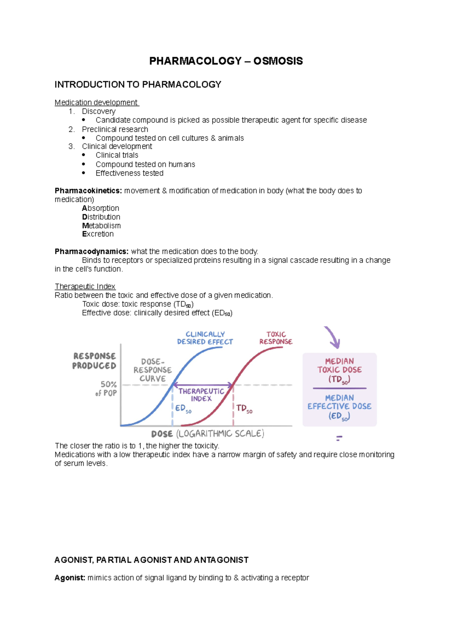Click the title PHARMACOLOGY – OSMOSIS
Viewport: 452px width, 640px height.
click(226, 61)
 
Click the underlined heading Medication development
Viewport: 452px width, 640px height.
click(96, 103)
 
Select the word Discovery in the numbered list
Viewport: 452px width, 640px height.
click(99, 111)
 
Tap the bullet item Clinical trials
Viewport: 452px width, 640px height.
click(117, 155)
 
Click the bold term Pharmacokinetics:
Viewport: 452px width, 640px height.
click(88, 191)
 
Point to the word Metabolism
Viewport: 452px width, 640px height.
click(101, 225)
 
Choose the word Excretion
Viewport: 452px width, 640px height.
click(98, 234)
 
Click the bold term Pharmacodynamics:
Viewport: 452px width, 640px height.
click(92, 251)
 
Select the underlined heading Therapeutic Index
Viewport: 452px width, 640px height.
click(85, 286)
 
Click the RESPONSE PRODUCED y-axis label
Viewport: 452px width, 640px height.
click(94, 361)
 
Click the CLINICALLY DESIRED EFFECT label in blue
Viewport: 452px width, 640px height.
click(205, 338)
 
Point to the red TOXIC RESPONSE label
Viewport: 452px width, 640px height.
click(276, 338)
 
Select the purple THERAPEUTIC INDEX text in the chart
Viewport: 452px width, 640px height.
click(201, 395)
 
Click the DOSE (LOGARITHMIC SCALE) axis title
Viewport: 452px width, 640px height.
click(208, 434)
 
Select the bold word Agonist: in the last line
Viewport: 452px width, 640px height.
click(70, 578)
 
